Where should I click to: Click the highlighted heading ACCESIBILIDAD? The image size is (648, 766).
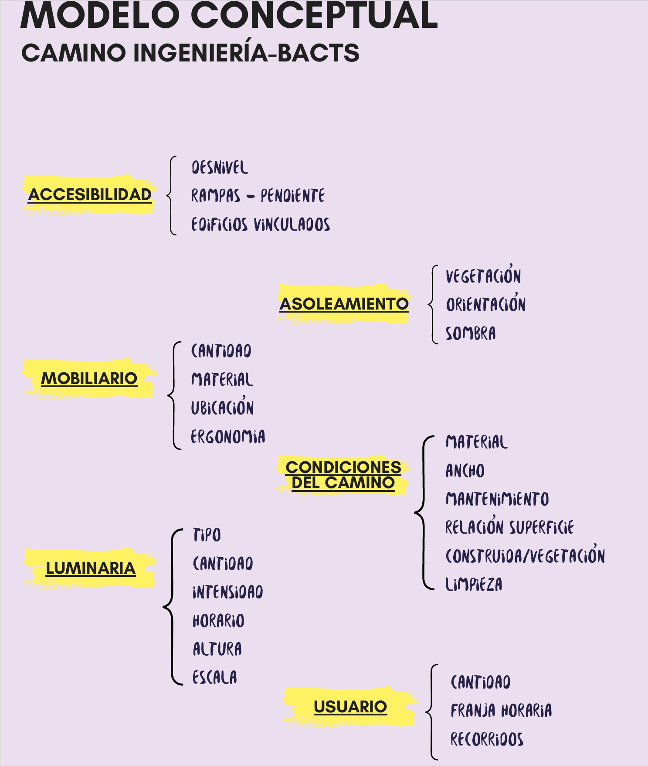[90, 194]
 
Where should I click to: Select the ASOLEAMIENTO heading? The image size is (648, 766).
[344, 304]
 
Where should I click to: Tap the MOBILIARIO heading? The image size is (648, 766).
[89, 378]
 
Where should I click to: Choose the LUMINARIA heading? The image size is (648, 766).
[91, 568]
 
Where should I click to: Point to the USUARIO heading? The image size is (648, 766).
[350, 706]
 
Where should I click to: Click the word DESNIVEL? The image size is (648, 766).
[220, 167]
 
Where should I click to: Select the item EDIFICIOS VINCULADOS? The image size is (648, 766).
[261, 225]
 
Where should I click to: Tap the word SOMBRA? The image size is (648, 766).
[471, 334]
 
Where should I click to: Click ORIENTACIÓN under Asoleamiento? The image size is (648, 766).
[486, 304]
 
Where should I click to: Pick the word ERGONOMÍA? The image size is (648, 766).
[228, 436]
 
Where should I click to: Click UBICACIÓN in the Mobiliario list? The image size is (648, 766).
[222, 408]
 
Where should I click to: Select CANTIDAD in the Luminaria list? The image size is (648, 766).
[223, 564]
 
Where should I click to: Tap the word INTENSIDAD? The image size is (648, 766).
[228, 592]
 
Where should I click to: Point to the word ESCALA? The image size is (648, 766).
[215, 677]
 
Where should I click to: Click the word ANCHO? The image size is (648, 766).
[465, 471]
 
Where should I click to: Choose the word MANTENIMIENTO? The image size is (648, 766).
[497, 499]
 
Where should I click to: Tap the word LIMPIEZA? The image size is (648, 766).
[474, 584]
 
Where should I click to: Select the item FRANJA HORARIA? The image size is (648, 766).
[501, 711]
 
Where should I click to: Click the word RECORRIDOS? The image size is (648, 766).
[487, 739]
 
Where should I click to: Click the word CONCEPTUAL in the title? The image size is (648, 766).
[314, 16]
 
